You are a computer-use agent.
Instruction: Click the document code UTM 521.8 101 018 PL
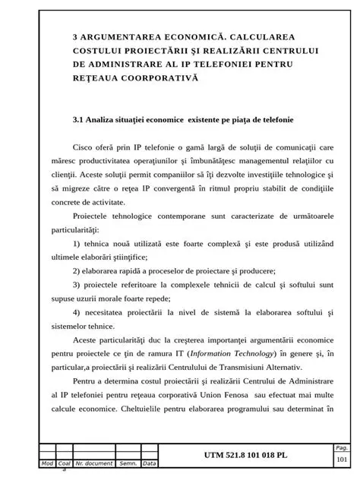pyautogui.click(x=245, y=455)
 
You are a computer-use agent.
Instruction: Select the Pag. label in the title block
pyautogui.click(x=341, y=448)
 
